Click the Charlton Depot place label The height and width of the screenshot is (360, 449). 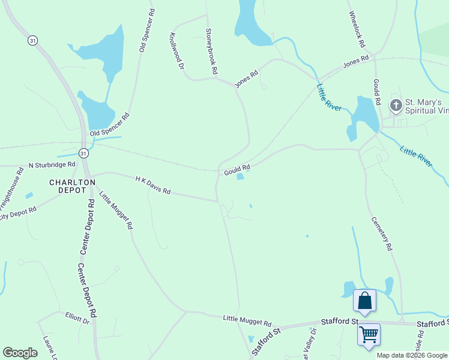pyautogui.click(x=73, y=187)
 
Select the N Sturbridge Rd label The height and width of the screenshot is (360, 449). pyautogui.click(x=52, y=164)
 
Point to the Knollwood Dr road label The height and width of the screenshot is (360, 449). pyautogui.click(x=177, y=51)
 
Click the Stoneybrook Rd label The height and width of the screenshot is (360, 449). pyautogui.click(x=211, y=51)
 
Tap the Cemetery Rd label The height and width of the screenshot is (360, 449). pyautogui.click(x=381, y=233)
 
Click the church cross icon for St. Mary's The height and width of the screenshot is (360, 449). pyautogui.click(x=396, y=106)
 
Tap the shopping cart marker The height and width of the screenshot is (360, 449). pyautogui.click(x=369, y=334)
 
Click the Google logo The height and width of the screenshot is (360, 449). pyautogui.click(x=20, y=353)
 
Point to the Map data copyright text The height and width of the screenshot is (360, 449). pyautogui.click(x=412, y=355)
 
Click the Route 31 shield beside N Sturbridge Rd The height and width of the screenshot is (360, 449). pyautogui.click(x=83, y=153)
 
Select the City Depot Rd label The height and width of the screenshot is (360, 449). pyautogui.click(x=19, y=213)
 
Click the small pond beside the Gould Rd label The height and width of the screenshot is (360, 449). pyautogui.click(x=241, y=176)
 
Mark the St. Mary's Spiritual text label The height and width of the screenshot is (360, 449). pyautogui.click(x=424, y=106)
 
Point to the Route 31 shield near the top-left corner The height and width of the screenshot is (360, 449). pyautogui.click(x=32, y=40)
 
